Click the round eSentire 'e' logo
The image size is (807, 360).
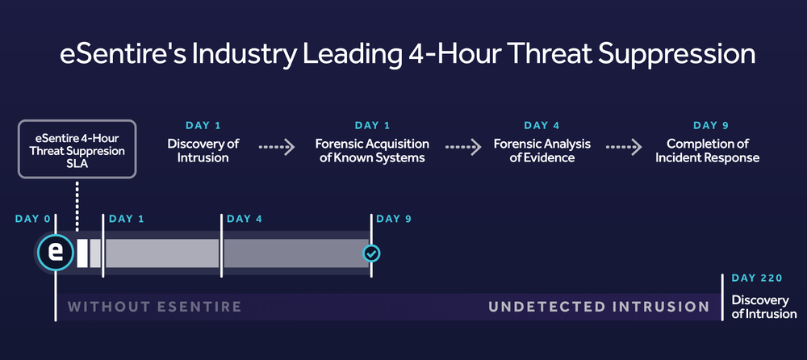tap(55, 253)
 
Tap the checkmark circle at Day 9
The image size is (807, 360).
tap(371, 253)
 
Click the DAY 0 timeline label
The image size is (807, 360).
tap(33, 219)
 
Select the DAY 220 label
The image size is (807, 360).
tap(757, 278)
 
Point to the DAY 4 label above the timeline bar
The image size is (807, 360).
tap(245, 219)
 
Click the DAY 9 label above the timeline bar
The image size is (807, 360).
tap(394, 219)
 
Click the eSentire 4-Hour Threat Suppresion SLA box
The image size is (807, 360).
tap(77, 149)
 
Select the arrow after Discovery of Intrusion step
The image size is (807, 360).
tap(276, 147)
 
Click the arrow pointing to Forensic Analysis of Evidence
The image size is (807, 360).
tap(463, 147)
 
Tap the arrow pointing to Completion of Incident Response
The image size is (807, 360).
tap(624, 147)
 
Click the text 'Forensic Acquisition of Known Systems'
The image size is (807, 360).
tap(372, 150)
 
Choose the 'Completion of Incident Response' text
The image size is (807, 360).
tap(707, 150)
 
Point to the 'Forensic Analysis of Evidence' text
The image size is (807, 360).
tap(542, 150)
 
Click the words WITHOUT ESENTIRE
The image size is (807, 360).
tap(154, 307)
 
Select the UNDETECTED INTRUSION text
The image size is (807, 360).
tap(599, 307)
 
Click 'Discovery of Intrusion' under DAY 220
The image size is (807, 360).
tap(763, 307)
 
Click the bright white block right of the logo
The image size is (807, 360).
tap(82, 253)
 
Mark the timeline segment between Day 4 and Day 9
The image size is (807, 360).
tap(296, 253)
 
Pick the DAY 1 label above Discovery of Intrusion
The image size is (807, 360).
tap(203, 125)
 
